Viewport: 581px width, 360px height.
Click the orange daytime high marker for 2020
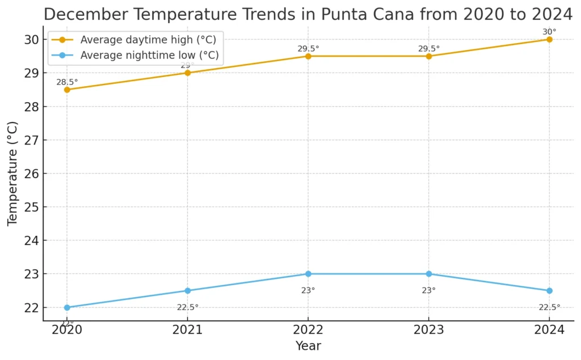(x=67, y=90)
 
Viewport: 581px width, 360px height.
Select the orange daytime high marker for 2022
(x=308, y=56)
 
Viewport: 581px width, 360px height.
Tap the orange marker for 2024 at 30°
(x=549, y=39)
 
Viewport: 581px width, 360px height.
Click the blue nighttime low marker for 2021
(x=188, y=291)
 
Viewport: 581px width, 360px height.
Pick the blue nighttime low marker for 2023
(x=429, y=274)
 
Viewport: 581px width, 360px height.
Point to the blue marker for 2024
(x=549, y=291)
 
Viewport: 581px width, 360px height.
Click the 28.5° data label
(x=67, y=82)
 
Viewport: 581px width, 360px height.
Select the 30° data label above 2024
(x=549, y=32)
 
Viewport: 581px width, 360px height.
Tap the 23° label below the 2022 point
(x=308, y=290)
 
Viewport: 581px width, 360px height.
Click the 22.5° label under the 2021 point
(x=188, y=307)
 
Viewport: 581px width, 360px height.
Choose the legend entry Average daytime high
(x=148, y=40)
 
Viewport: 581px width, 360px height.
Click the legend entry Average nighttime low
(x=149, y=55)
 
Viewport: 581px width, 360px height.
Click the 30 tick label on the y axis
(x=31, y=40)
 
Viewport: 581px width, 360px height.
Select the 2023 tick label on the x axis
(x=429, y=331)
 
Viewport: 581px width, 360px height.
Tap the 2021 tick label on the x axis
(x=188, y=331)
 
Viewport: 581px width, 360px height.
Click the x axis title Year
(x=308, y=346)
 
